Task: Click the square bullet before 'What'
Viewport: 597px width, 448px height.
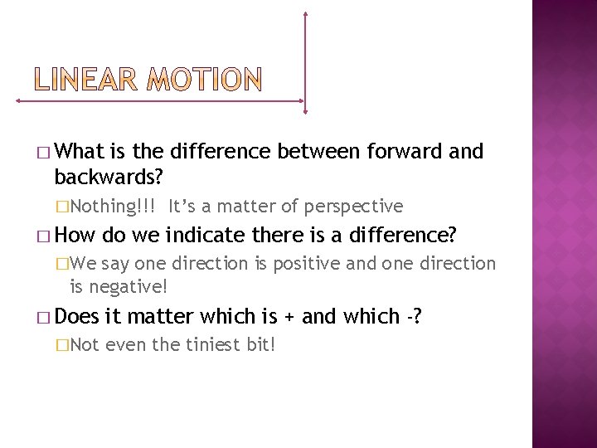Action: tap(43, 153)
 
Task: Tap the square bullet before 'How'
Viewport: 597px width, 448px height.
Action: tap(43, 237)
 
